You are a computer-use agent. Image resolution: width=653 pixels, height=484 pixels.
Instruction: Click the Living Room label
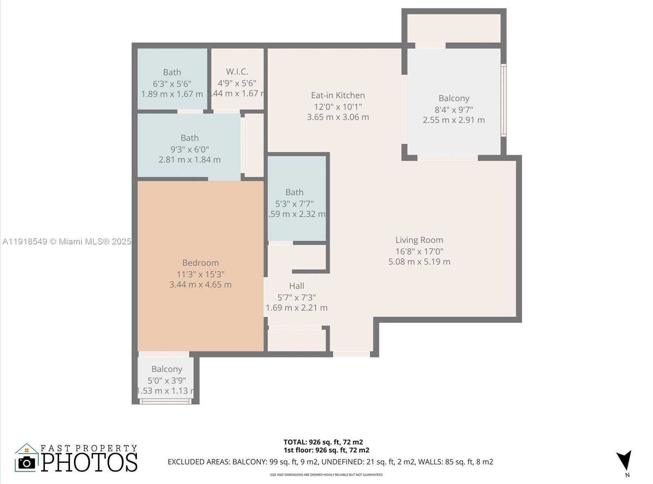419,240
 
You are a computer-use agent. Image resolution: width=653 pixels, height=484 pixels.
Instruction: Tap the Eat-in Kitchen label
338,95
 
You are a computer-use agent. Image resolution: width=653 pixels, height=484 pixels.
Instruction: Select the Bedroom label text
200,263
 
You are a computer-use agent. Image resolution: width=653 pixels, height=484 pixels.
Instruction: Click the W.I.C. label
237,71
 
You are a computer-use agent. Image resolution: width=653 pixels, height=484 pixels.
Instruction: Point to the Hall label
296,286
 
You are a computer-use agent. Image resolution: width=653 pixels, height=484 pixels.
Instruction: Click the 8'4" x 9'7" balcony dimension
454,109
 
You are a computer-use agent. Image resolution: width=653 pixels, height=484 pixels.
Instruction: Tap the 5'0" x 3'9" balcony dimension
167,380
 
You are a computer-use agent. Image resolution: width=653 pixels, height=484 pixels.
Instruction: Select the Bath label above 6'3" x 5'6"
172,72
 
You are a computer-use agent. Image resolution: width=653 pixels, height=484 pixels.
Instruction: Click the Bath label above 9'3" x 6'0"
189,138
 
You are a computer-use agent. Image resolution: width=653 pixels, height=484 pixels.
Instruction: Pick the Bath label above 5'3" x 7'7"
294,192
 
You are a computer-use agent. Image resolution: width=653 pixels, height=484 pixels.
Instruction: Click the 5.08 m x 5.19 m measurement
419,262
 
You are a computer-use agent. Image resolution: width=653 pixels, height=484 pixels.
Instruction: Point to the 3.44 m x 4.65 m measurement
200,284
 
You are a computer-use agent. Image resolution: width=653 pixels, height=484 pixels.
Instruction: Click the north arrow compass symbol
624,460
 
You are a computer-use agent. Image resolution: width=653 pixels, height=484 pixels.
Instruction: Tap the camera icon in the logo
27,463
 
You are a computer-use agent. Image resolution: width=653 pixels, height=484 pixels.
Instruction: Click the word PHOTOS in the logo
89,462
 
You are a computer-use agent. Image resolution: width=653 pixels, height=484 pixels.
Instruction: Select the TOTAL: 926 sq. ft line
323,442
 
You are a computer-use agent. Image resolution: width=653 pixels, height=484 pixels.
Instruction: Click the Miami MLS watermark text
67,242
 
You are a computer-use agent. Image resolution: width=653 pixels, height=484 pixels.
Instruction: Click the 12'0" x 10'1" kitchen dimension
338,107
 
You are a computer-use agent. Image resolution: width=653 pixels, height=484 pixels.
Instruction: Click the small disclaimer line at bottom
326,475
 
